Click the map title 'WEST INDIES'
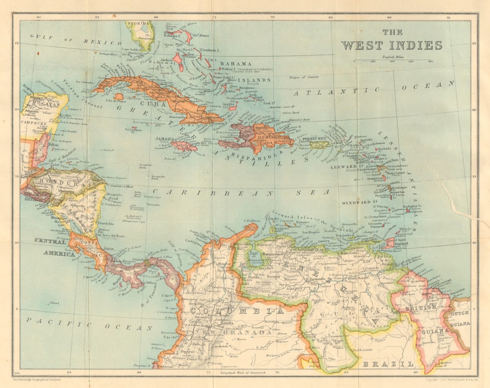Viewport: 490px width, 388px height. point(392,45)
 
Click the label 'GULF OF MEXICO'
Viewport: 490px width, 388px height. point(76,40)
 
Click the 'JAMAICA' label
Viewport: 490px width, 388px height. point(165,139)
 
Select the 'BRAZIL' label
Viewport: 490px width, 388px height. point(388,364)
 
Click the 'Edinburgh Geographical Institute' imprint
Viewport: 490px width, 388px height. point(37,380)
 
